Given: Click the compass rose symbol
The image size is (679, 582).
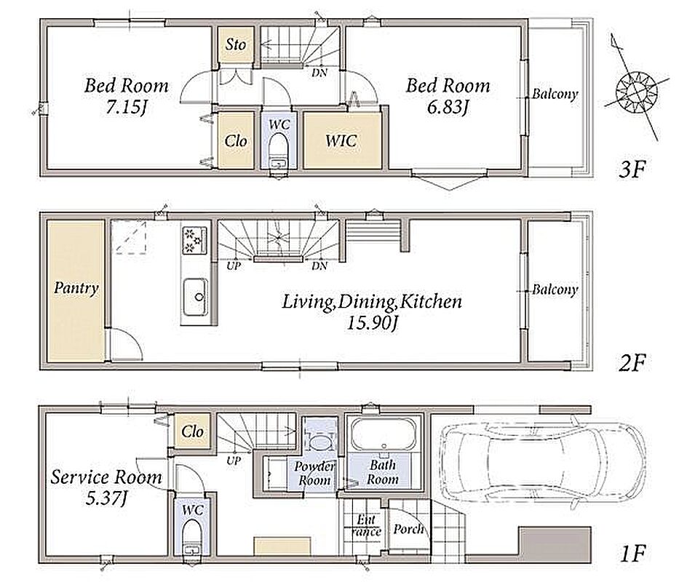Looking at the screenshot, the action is click(x=636, y=92).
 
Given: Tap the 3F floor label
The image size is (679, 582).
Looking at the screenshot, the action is click(x=632, y=169).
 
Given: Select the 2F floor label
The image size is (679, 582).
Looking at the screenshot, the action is click(x=632, y=362).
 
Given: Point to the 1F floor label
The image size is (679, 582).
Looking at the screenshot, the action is click(x=632, y=553).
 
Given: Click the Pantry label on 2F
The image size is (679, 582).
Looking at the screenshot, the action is click(x=76, y=288).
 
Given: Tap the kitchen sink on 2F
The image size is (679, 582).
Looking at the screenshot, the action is click(x=195, y=297).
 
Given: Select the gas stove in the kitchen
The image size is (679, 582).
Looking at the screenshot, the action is click(x=194, y=240).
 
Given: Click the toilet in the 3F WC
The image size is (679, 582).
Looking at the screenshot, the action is click(x=279, y=151).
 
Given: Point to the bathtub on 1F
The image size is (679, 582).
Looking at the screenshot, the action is click(x=384, y=434).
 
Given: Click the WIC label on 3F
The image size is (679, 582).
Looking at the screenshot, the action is click(x=341, y=140).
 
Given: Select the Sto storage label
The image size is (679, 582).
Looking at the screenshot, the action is click(x=236, y=44).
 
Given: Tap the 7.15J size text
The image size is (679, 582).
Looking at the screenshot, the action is click(x=126, y=106).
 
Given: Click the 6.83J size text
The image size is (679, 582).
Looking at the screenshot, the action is click(x=448, y=106).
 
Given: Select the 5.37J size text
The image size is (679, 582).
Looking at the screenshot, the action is click(x=106, y=498).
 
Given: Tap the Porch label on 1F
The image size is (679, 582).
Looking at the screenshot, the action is click(x=408, y=529).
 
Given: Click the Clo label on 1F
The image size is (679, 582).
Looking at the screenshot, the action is click(x=192, y=431).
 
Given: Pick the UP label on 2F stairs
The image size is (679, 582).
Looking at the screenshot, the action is click(x=234, y=266).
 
